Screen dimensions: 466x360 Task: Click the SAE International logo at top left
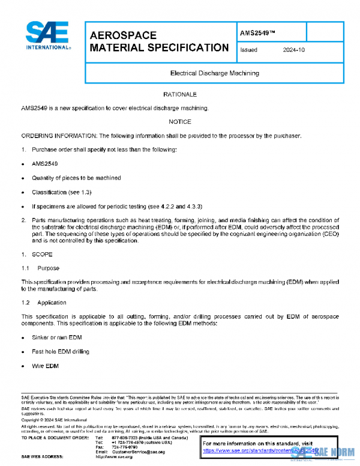click(x=47, y=36)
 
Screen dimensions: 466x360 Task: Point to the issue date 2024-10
click(x=294, y=50)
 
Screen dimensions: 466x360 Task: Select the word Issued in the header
click(x=248, y=50)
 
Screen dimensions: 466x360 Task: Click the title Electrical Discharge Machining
click(x=215, y=73)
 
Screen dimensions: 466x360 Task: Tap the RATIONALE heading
click(x=180, y=95)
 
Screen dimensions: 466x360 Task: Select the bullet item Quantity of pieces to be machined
click(x=76, y=178)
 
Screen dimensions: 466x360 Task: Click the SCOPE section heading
click(x=42, y=255)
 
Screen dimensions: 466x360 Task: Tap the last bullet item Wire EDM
click(x=46, y=365)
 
